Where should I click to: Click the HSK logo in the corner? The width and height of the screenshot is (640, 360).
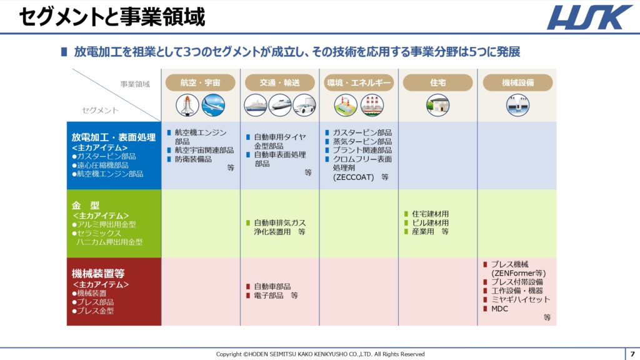589,17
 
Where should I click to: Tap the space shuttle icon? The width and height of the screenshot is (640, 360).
187,105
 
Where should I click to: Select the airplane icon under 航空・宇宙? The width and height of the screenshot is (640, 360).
213,105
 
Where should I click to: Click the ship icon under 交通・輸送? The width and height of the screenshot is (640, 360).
256,105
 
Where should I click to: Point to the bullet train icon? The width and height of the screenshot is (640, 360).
280,105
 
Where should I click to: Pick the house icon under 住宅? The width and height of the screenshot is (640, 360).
437,105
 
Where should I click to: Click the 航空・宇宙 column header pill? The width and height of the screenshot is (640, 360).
201,82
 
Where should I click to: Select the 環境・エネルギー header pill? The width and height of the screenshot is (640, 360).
359,82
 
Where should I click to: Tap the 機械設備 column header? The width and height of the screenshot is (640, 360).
518,82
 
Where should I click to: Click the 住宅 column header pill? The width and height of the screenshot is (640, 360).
438,82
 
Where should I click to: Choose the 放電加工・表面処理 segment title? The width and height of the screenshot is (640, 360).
114,137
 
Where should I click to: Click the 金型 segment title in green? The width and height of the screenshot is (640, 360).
86,205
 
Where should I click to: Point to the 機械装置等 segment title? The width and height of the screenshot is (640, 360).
98,273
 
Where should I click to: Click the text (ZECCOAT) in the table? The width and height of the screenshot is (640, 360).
354,177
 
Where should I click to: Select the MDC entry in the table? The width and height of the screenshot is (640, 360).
499,309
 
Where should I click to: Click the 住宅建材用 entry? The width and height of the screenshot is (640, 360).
430,214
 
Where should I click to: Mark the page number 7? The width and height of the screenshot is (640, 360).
632,354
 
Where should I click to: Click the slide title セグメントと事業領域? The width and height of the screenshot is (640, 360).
112,17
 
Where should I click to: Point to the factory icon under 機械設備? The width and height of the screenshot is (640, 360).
517,105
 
